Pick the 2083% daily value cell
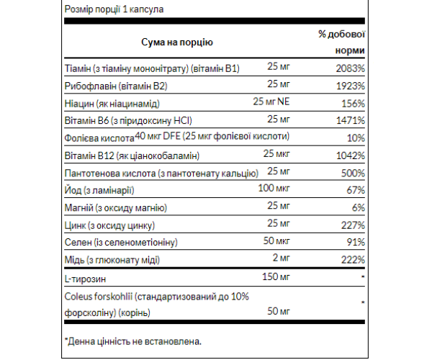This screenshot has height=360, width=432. click(351, 68)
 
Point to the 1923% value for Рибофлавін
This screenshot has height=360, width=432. click(351, 86)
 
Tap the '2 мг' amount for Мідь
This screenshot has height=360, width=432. click(280, 258)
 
